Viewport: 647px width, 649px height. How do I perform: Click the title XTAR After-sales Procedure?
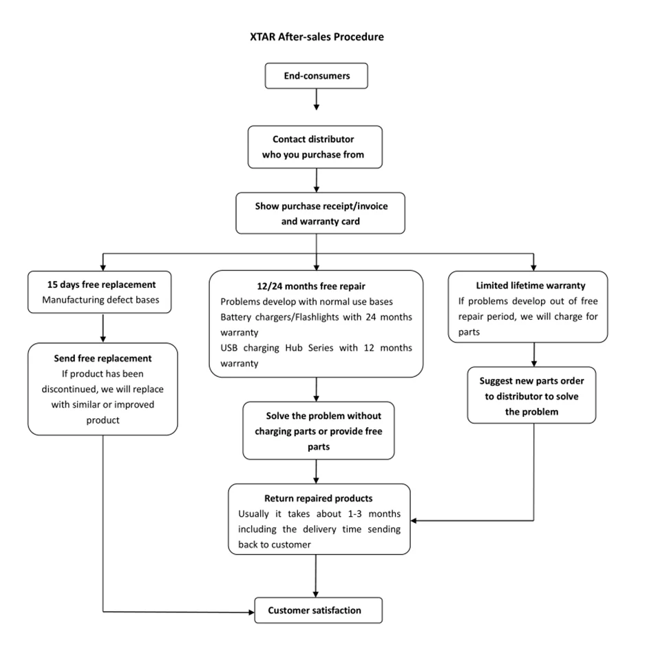click(x=317, y=37)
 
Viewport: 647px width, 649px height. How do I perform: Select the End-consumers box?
click(x=316, y=76)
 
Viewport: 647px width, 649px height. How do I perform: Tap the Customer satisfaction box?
click(x=318, y=610)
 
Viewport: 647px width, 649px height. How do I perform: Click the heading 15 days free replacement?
click(x=101, y=285)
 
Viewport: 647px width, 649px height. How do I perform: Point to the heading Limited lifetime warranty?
click(x=531, y=286)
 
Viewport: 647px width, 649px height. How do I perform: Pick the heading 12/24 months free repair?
click(x=311, y=287)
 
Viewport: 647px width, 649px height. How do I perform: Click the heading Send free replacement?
click(x=103, y=358)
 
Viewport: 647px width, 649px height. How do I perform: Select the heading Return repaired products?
click(x=318, y=498)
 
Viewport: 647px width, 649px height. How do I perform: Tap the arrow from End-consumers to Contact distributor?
click(x=316, y=99)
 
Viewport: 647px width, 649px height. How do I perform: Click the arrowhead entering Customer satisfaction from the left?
click(x=251, y=612)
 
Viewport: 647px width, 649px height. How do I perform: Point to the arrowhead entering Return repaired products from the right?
click(x=414, y=520)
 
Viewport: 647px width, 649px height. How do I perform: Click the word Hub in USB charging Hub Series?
click(x=293, y=348)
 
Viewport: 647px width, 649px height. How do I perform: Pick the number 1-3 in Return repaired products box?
click(x=354, y=514)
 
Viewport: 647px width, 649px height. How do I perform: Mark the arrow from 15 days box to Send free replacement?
click(x=103, y=328)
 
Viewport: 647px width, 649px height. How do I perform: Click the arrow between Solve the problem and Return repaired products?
click(x=316, y=472)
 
